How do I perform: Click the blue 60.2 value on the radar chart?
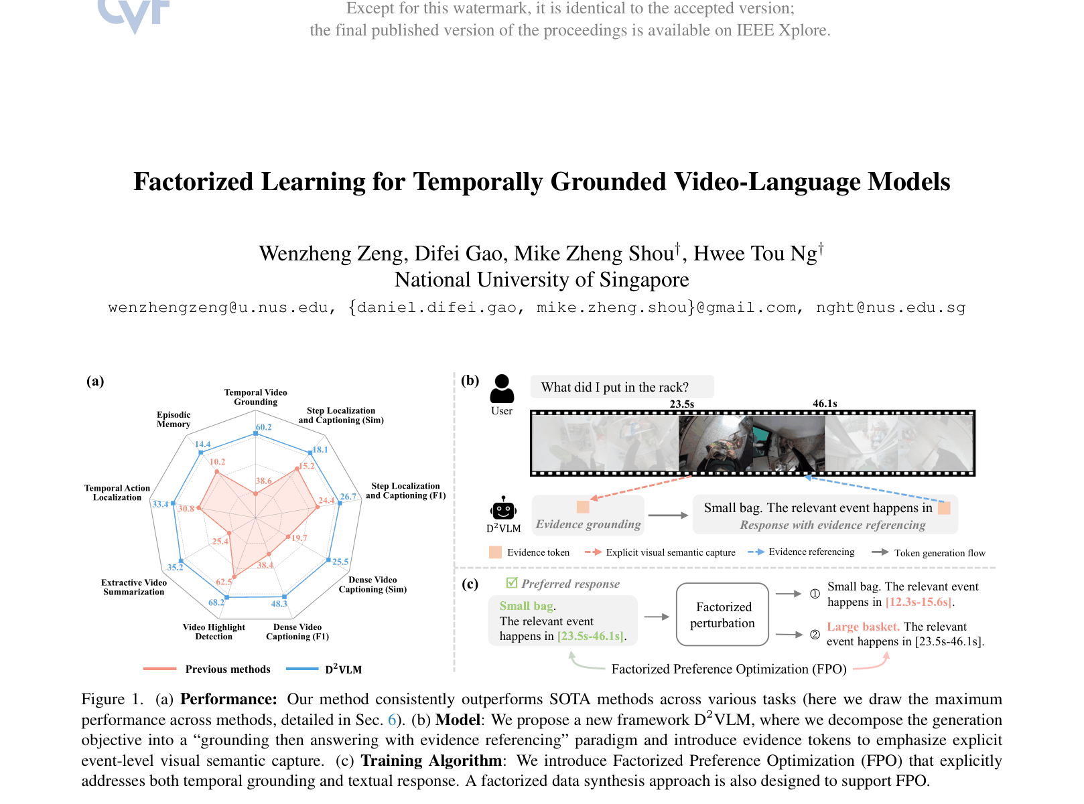pyautogui.click(x=263, y=427)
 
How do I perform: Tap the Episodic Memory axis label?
pyautogui.click(x=174, y=419)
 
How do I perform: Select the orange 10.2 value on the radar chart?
pyautogui.click(x=218, y=462)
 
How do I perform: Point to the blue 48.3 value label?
pyautogui.click(x=279, y=604)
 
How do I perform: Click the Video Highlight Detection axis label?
pyautogui.click(x=214, y=631)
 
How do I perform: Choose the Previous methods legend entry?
pyautogui.click(x=207, y=669)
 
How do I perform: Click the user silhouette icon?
pyautogui.click(x=502, y=389)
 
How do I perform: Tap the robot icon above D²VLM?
pyautogui.click(x=503, y=509)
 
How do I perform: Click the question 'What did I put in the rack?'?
pyautogui.click(x=614, y=388)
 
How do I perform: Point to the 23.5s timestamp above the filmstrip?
pyautogui.click(x=682, y=404)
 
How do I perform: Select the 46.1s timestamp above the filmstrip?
pyautogui.click(x=825, y=404)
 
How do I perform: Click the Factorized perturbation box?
pyautogui.click(x=722, y=615)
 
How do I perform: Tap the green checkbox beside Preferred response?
pyautogui.click(x=512, y=582)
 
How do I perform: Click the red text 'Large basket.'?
pyautogui.click(x=863, y=627)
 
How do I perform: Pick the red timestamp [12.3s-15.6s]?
pyautogui.click(x=919, y=602)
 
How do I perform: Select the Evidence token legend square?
pyautogui.click(x=495, y=552)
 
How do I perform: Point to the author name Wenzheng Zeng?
pyautogui.click(x=332, y=254)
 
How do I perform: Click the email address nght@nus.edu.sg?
pyautogui.click(x=891, y=308)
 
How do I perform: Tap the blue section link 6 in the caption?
pyautogui.click(x=391, y=720)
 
